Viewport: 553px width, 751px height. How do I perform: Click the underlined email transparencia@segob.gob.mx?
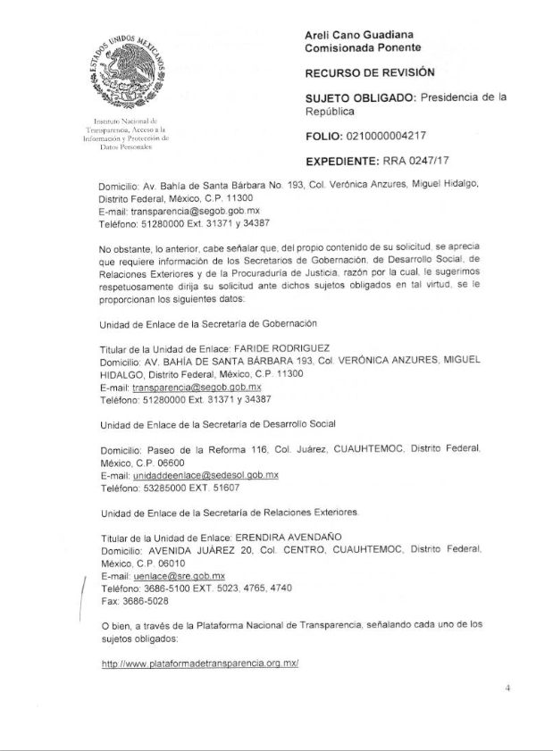pos(197,388)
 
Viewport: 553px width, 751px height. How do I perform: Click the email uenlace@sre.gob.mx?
pos(179,578)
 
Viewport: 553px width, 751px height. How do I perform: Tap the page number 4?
pos(507,688)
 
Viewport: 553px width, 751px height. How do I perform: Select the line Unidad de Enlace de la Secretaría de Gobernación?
pos(209,321)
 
